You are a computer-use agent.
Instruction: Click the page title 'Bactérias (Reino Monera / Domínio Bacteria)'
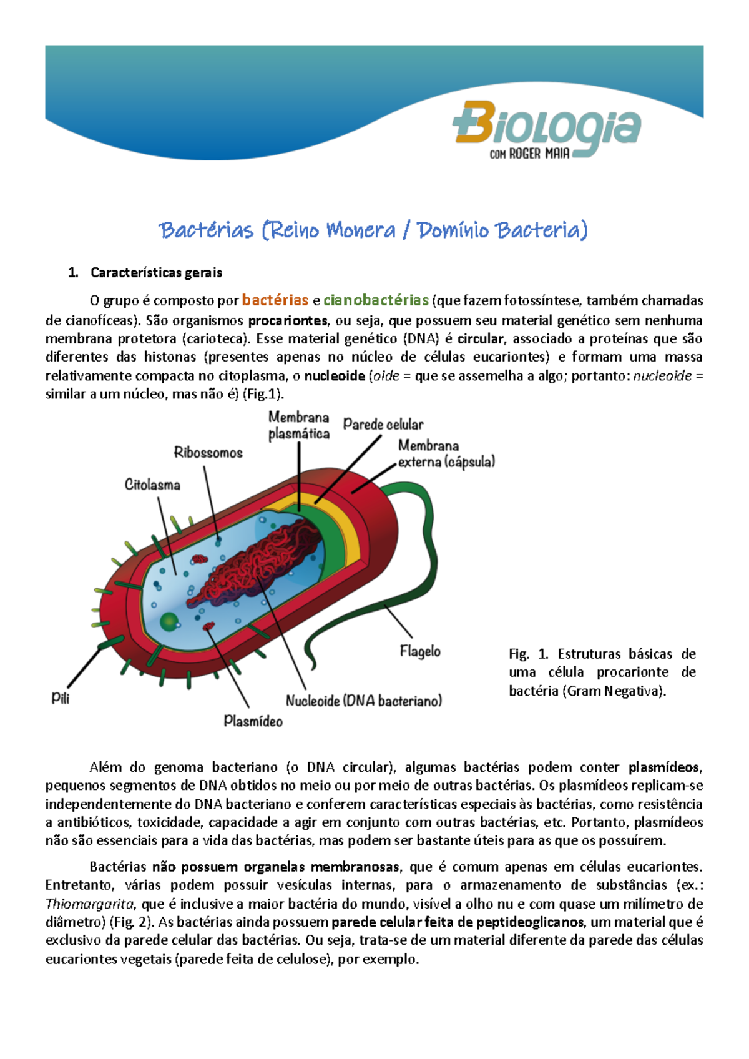[373, 230]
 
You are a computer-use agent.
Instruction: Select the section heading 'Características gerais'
[156, 273]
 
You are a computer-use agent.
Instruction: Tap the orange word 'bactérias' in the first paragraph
[275, 300]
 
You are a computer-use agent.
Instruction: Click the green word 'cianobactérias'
[376, 300]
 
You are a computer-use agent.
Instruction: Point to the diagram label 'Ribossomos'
[208, 453]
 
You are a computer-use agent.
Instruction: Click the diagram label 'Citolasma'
[152, 485]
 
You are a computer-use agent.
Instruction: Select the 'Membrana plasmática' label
[299, 425]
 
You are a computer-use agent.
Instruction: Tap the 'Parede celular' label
[383, 425]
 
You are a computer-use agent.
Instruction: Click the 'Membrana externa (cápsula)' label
[446, 454]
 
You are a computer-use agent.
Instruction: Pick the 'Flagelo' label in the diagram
[420, 651]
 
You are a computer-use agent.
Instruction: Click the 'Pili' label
[61, 697]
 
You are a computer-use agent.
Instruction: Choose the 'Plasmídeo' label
[253, 721]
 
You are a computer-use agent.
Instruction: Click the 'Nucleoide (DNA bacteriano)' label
[364, 701]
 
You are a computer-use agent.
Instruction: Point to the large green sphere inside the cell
[169, 622]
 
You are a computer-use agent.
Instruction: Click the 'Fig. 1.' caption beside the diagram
[528, 654]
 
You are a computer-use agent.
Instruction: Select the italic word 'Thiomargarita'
[89, 904]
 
